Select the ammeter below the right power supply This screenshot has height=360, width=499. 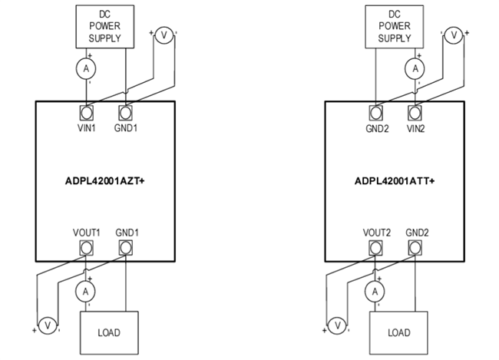pos(415,68)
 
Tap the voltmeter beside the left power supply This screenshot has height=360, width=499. pos(164,35)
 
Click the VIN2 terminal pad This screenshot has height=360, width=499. pos(415,111)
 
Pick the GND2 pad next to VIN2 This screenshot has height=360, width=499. pos(375,111)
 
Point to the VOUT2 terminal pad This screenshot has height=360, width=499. pos(375,247)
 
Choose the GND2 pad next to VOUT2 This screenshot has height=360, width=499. pos(415,247)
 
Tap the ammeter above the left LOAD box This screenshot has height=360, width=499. pos(87,291)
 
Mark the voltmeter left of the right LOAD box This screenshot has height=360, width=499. pos(336,325)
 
